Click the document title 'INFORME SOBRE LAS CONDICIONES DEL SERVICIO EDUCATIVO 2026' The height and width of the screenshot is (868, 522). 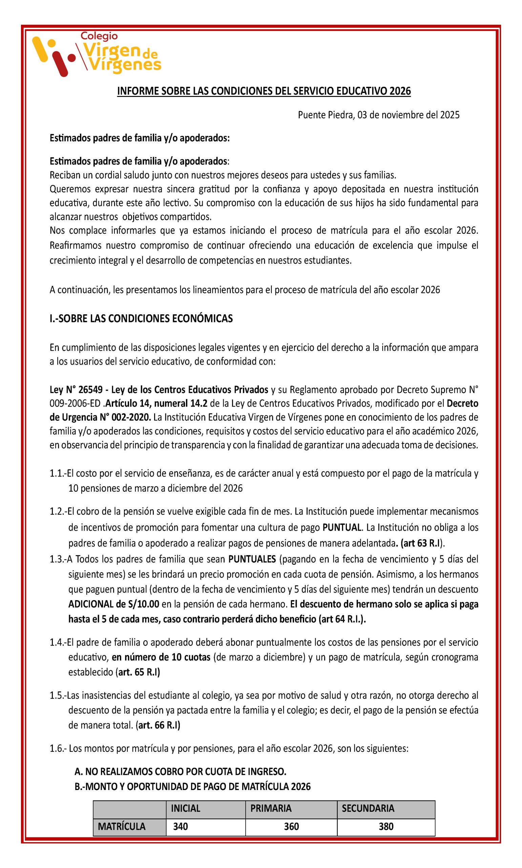[x=264, y=91]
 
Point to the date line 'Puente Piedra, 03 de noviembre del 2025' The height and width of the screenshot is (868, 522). [x=378, y=115]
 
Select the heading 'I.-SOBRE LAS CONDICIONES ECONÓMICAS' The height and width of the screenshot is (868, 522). [x=141, y=318]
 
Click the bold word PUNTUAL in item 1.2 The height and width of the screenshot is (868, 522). [x=342, y=528]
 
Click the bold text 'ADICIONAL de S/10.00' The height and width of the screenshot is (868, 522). [x=113, y=604]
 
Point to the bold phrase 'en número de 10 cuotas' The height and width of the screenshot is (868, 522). [x=161, y=657]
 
